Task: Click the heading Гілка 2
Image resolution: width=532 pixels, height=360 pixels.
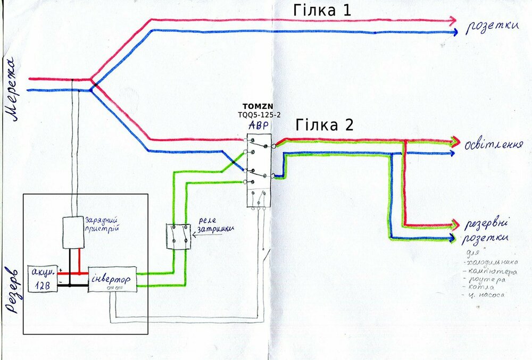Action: (325, 126)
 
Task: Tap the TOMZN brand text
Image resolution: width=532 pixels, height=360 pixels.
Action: (257, 107)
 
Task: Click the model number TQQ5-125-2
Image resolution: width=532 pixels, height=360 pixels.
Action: (259, 114)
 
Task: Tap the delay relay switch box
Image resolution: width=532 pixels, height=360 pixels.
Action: (179, 237)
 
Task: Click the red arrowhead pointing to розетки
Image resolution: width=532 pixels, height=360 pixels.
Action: (452, 21)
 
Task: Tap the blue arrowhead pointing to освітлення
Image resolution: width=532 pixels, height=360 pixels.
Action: (452, 153)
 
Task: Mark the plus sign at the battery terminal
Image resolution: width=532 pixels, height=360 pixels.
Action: (61, 270)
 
